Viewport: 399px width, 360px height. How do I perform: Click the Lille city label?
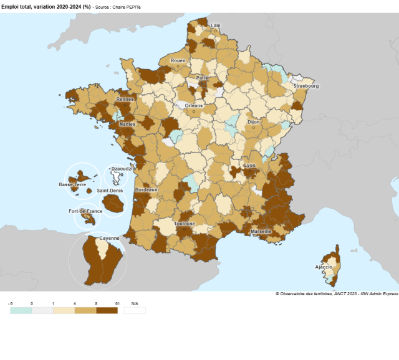pyautogui.click(x=216, y=26)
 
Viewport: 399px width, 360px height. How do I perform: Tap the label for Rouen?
pyautogui.click(x=178, y=60)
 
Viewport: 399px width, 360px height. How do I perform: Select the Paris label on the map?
pyautogui.click(x=203, y=78)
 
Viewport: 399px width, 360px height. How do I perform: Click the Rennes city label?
pyautogui.click(x=125, y=99)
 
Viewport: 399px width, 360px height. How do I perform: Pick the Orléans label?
pyautogui.click(x=194, y=105)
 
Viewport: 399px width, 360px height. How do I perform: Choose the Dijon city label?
pyautogui.click(x=253, y=123)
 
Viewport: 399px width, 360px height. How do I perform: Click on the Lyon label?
pyautogui.click(x=249, y=165)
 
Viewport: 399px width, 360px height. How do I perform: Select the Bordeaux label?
pyautogui.click(x=146, y=189)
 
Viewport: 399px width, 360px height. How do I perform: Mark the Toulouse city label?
pyautogui.click(x=185, y=223)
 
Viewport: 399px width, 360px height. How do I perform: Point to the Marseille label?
pyautogui.click(x=261, y=231)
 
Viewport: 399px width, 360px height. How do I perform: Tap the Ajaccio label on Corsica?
pyautogui.click(x=324, y=267)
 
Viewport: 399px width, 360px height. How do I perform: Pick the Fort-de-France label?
pyautogui.click(x=85, y=211)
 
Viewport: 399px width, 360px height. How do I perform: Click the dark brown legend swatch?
pyautogui.click(x=107, y=310)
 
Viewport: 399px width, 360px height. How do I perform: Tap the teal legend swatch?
pyautogui.click(x=21, y=310)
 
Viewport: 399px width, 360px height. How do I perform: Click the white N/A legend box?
pyautogui.click(x=135, y=310)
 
